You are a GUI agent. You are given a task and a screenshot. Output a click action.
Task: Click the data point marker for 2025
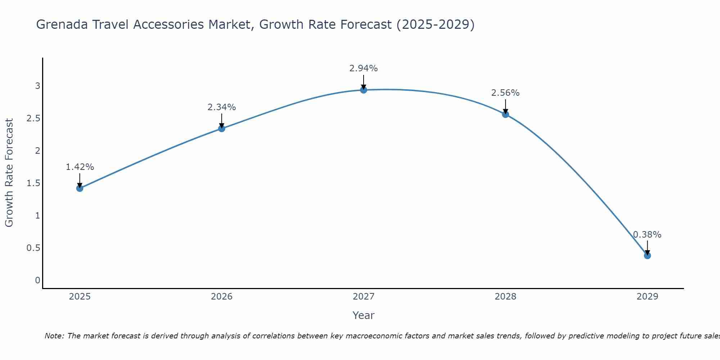coord(80,188)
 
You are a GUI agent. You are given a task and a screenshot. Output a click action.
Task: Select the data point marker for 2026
coord(222,129)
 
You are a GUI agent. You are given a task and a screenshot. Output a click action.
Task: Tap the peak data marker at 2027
coord(364,90)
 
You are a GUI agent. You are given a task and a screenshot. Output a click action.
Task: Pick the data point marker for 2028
coord(505,114)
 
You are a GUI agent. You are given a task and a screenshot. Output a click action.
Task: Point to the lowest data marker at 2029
coord(647,256)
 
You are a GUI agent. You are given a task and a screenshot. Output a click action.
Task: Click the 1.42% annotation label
coord(80,167)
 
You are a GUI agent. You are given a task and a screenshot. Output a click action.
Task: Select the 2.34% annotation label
coord(222,107)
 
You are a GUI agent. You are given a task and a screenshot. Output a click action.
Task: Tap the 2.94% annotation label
coord(364,68)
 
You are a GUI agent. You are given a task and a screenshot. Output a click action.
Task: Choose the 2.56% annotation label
coord(505,93)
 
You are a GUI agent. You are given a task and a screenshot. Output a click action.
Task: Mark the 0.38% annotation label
coord(647,235)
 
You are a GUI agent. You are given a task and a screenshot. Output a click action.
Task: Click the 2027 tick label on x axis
coord(364,297)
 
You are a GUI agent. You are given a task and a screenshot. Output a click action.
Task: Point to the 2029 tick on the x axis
coord(647,297)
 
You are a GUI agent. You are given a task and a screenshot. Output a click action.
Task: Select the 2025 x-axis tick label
coord(80,297)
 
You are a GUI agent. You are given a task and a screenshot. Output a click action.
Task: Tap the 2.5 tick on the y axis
coord(33,118)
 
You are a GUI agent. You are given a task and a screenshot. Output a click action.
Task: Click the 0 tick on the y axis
coord(37,280)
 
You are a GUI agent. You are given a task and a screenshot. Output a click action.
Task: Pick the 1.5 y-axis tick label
coord(33,183)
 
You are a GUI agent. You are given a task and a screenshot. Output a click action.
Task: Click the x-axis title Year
coord(364,315)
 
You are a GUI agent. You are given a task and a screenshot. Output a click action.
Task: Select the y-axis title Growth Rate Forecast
coord(9,173)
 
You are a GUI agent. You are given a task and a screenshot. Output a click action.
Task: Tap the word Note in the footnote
coord(54,336)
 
